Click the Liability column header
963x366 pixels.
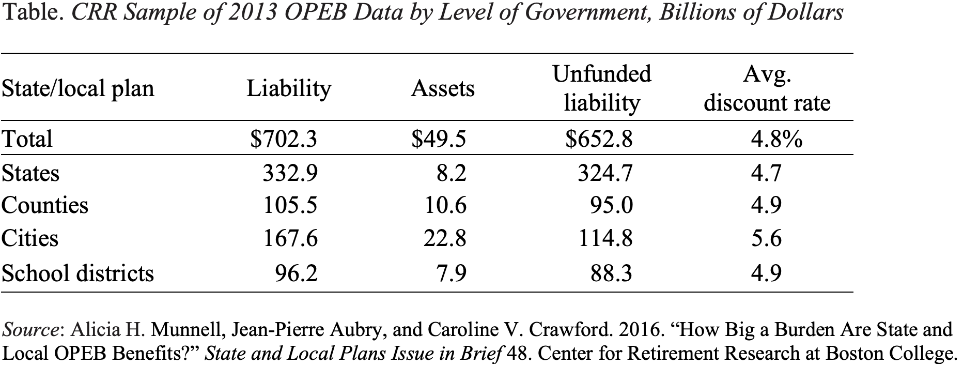pos(288,88)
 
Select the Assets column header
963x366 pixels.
pos(442,88)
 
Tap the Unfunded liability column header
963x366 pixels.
pos(601,88)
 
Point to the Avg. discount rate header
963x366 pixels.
pos(767,88)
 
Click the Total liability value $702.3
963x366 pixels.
pos(283,139)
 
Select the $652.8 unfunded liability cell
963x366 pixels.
pos(599,139)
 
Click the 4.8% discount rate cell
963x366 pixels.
pos(776,139)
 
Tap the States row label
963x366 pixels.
pos(30,173)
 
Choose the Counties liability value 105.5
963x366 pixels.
pos(290,206)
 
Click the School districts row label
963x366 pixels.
pos(77,272)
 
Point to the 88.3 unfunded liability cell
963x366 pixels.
pos(611,272)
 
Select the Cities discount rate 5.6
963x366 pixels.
pos(766,238)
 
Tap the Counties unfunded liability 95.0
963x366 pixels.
pos(611,206)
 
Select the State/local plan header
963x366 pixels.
pos(77,88)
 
